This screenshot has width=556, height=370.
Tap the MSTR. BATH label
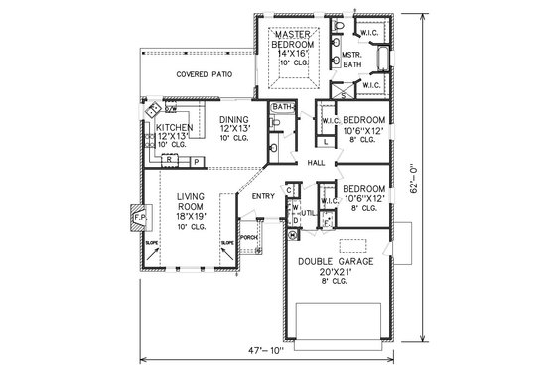tap(352, 60)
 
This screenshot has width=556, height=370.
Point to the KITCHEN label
tap(174, 128)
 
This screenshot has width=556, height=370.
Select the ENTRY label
tap(263, 196)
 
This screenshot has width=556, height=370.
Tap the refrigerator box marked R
tap(171, 159)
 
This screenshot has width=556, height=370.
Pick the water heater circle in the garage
tap(292, 235)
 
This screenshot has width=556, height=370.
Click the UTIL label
tap(309, 212)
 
